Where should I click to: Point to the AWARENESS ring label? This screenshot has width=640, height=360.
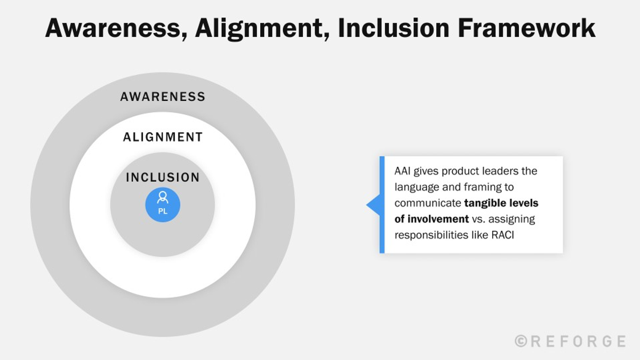[163, 97]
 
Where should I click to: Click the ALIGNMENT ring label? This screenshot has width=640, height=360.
[163, 137]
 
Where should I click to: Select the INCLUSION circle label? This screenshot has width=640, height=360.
[163, 178]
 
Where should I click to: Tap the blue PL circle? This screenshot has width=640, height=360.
[163, 205]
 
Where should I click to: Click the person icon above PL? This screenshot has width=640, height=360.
[163, 198]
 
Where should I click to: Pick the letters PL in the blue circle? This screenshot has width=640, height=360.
[163, 211]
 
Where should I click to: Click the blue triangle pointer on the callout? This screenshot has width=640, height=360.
[373, 205]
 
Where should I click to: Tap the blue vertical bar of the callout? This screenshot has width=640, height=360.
[382, 205]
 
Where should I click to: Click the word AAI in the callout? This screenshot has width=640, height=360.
[404, 172]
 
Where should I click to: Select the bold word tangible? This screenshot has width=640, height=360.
[485, 203]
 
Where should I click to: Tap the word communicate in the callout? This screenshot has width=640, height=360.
[428, 203]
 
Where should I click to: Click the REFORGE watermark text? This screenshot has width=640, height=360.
[578, 341]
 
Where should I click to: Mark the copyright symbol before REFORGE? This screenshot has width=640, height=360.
[521, 341]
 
